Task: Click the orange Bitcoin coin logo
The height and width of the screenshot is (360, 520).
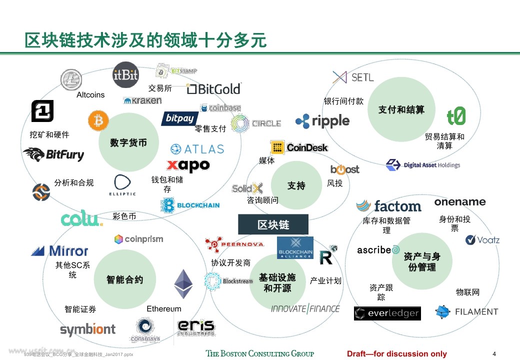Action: pos(98,120)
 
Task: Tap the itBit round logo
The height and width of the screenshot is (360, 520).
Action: pos(125,75)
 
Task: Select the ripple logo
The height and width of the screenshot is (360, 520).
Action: pos(322,120)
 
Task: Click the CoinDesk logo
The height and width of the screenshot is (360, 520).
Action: pos(299,147)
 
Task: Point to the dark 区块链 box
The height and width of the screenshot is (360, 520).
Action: pos(273,224)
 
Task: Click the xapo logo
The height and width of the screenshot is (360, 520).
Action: pos(188,165)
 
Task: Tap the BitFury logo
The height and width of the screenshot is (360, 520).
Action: pos(53,154)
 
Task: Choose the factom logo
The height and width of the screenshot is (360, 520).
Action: pos(389,206)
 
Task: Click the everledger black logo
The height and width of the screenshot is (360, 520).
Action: pos(387,313)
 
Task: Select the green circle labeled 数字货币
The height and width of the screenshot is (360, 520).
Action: pos(128,142)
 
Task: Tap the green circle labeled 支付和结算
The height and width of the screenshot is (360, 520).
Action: pos(401,109)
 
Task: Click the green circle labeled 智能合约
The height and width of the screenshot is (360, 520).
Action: pos(124,279)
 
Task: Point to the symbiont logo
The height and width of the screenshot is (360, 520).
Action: pos(87,329)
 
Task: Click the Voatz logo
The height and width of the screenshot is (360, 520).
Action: pos(482,240)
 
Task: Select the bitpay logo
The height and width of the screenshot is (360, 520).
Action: pos(179,119)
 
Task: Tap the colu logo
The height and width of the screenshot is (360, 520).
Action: pos(81,219)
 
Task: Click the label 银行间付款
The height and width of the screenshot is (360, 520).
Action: pos(343,101)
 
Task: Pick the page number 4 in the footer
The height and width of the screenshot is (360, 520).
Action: pos(494,353)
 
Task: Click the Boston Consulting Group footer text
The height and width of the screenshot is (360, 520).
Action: pos(260,353)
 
